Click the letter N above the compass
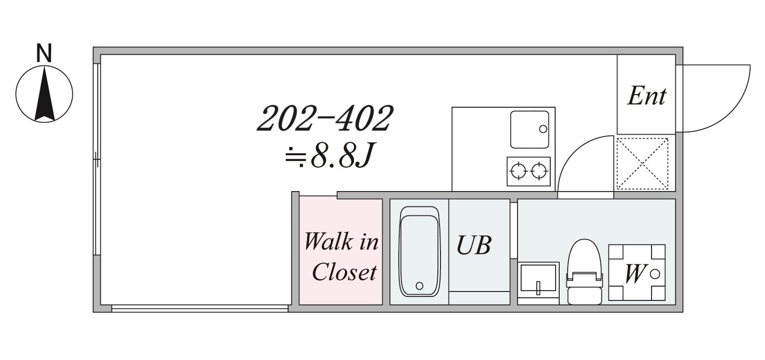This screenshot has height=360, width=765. tap(44, 53)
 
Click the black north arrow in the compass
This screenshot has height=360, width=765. tap(44, 94)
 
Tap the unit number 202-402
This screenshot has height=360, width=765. tap(325, 118)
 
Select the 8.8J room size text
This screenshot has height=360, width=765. tap(330, 155)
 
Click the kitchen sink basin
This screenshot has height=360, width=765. tap(530, 129)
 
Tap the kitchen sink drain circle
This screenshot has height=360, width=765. tap(543, 129)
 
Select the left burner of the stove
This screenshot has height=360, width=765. tap(518, 170)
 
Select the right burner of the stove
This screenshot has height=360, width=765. tap(539, 170)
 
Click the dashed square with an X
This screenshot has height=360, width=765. tap(643, 164)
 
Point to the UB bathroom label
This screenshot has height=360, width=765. tap(474, 245)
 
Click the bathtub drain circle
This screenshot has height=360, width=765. tap(420, 286)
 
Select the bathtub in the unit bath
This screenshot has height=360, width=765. tap(420, 251)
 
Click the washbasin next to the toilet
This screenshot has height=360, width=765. tap(539, 283)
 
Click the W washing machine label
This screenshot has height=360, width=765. tap(635, 273)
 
